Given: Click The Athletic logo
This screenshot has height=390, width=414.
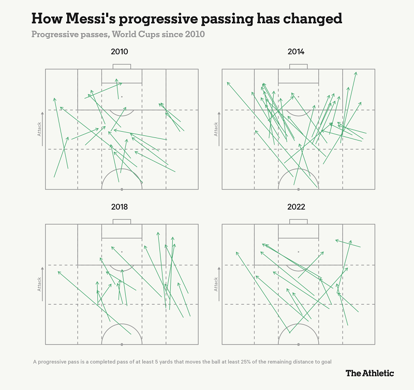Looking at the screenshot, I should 369,373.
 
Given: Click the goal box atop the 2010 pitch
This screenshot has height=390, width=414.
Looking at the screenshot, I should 122,67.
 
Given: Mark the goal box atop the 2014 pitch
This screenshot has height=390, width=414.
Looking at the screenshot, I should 298,67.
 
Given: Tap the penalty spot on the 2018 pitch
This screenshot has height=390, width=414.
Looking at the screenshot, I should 122,252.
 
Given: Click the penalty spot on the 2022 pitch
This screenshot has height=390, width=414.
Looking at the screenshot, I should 298,252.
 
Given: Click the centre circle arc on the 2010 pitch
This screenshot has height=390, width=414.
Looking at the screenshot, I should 122,171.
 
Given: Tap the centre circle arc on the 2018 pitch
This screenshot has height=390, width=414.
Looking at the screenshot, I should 122,326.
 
